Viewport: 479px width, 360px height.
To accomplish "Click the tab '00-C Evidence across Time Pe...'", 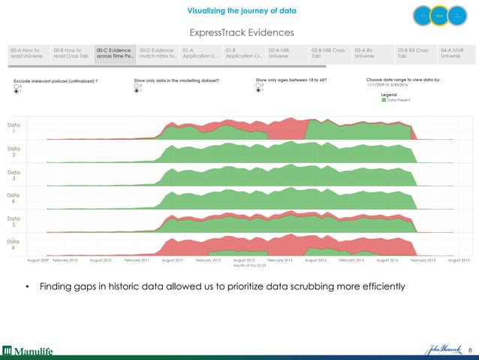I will click(x=115, y=52).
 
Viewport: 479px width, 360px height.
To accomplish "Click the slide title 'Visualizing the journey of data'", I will click(x=239, y=11).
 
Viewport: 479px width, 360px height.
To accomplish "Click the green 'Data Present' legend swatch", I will click(x=384, y=100).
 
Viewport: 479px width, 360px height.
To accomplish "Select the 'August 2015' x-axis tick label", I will click(x=458, y=260).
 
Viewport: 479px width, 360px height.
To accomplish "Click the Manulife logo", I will click(x=27, y=349).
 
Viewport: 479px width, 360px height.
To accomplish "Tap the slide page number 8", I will click(x=470, y=350).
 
